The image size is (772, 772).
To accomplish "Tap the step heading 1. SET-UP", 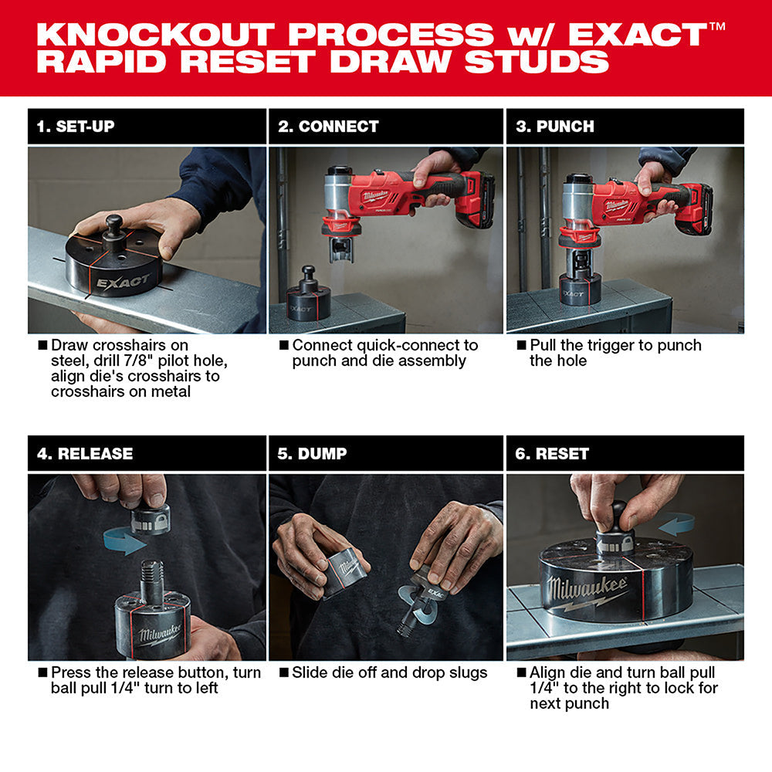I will [x=76, y=127].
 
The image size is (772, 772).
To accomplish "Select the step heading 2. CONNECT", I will [x=328, y=127].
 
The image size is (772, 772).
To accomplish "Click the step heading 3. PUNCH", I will [x=555, y=127].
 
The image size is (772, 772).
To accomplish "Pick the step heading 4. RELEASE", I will [x=85, y=454].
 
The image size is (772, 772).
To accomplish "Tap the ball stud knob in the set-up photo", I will [x=115, y=225].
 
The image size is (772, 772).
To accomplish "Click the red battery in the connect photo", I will [x=475, y=202].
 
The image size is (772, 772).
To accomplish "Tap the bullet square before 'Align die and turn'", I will [x=521, y=672].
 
